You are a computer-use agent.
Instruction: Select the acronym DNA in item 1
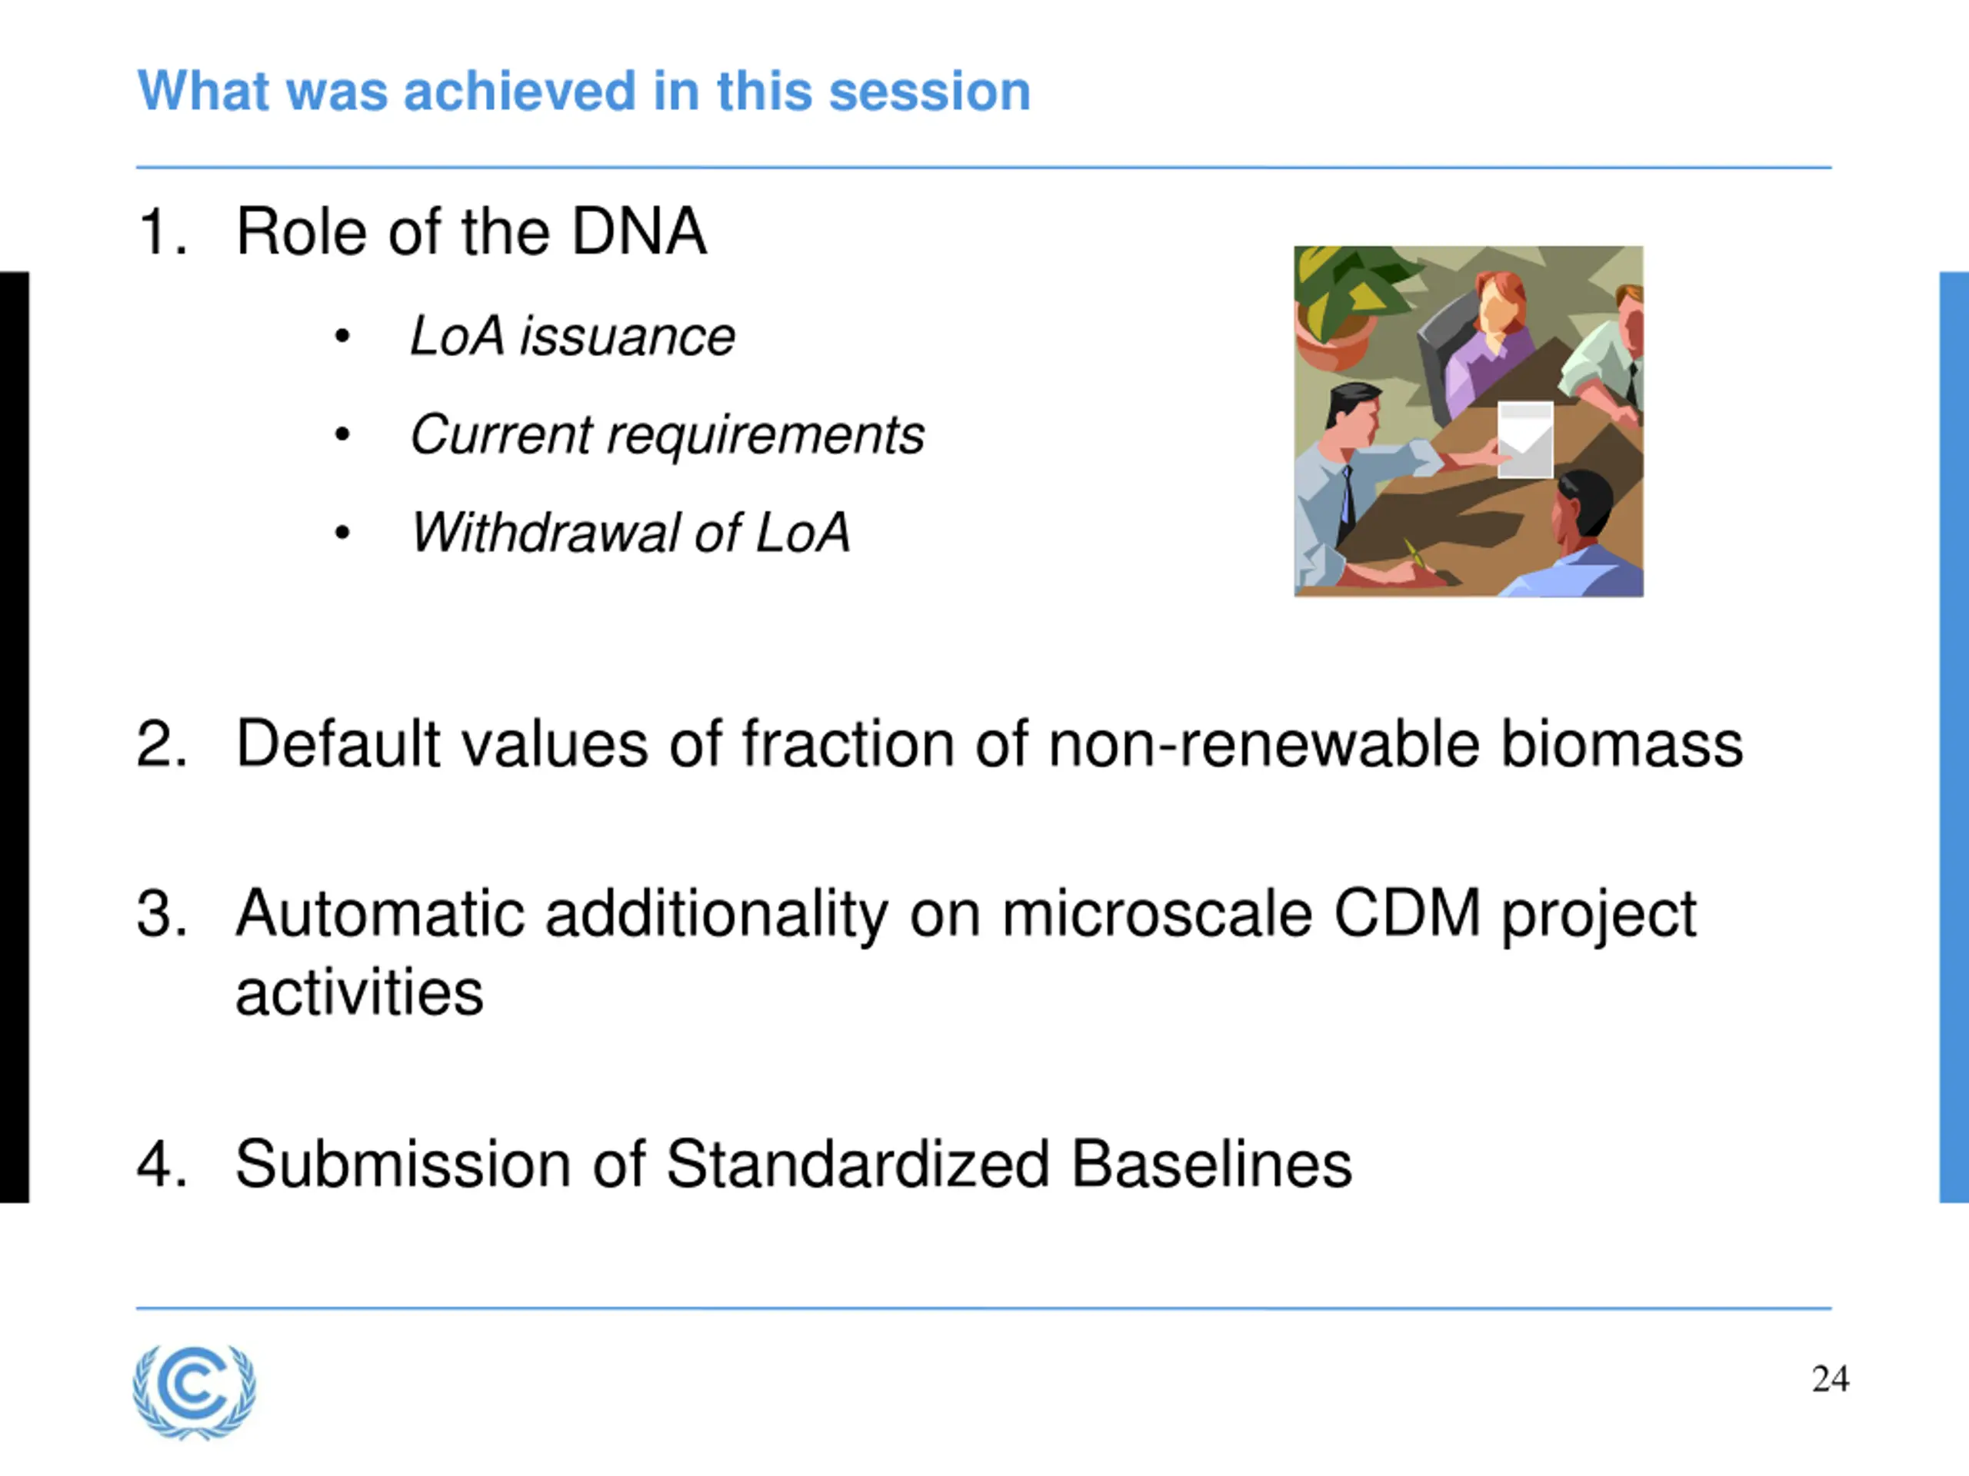[x=639, y=231]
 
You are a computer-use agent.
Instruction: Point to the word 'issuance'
[x=628, y=336]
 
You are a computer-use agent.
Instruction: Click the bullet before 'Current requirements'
[x=341, y=435]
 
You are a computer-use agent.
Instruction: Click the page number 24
[x=1830, y=1379]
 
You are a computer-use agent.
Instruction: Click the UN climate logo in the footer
[x=194, y=1391]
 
